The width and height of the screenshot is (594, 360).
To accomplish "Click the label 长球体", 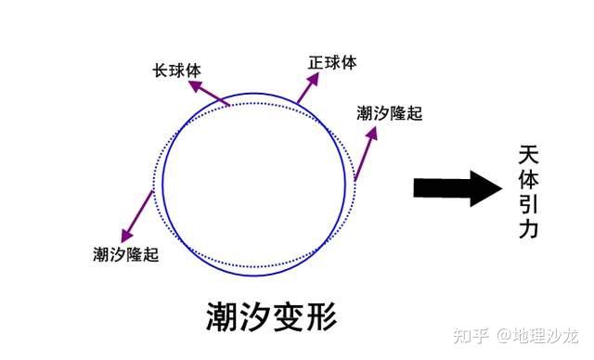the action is click(x=177, y=71).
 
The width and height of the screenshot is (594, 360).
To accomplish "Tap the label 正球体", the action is click(x=332, y=62).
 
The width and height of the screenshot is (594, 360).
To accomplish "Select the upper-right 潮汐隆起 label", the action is click(x=390, y=113).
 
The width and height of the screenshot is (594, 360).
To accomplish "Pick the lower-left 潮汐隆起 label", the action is click(x=126, y=254).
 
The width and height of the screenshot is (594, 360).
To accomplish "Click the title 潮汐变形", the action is click(x=272, y=316).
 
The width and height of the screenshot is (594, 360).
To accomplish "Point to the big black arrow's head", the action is click(x=485, y=188).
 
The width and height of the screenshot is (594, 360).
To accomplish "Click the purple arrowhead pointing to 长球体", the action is click(x=196, y=86).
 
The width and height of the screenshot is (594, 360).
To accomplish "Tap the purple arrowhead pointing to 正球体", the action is click(x=313, y=79).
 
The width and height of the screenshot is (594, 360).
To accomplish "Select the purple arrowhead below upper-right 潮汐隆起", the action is click(x=372, y=134).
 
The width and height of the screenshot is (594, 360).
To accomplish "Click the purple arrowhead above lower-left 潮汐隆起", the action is click(x=127, y=236).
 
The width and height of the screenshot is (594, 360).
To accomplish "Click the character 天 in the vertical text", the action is click(x=528, y=154).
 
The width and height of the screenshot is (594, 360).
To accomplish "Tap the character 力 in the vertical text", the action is click(x=528, y=228).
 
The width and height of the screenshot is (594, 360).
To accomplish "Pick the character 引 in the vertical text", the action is click(x=528, y=204).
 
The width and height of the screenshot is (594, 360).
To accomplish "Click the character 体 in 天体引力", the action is click(x=528, y=179).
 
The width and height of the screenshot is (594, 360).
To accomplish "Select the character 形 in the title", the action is click(x=322, y=316).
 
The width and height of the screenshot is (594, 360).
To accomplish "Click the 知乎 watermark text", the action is click(x=471, y=335).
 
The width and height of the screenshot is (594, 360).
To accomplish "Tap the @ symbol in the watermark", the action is click(x=505, y=336).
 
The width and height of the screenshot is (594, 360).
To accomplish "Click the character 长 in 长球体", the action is click(x=161, y=71).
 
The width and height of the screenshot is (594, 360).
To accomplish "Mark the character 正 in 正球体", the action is click(x=316, y=62).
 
